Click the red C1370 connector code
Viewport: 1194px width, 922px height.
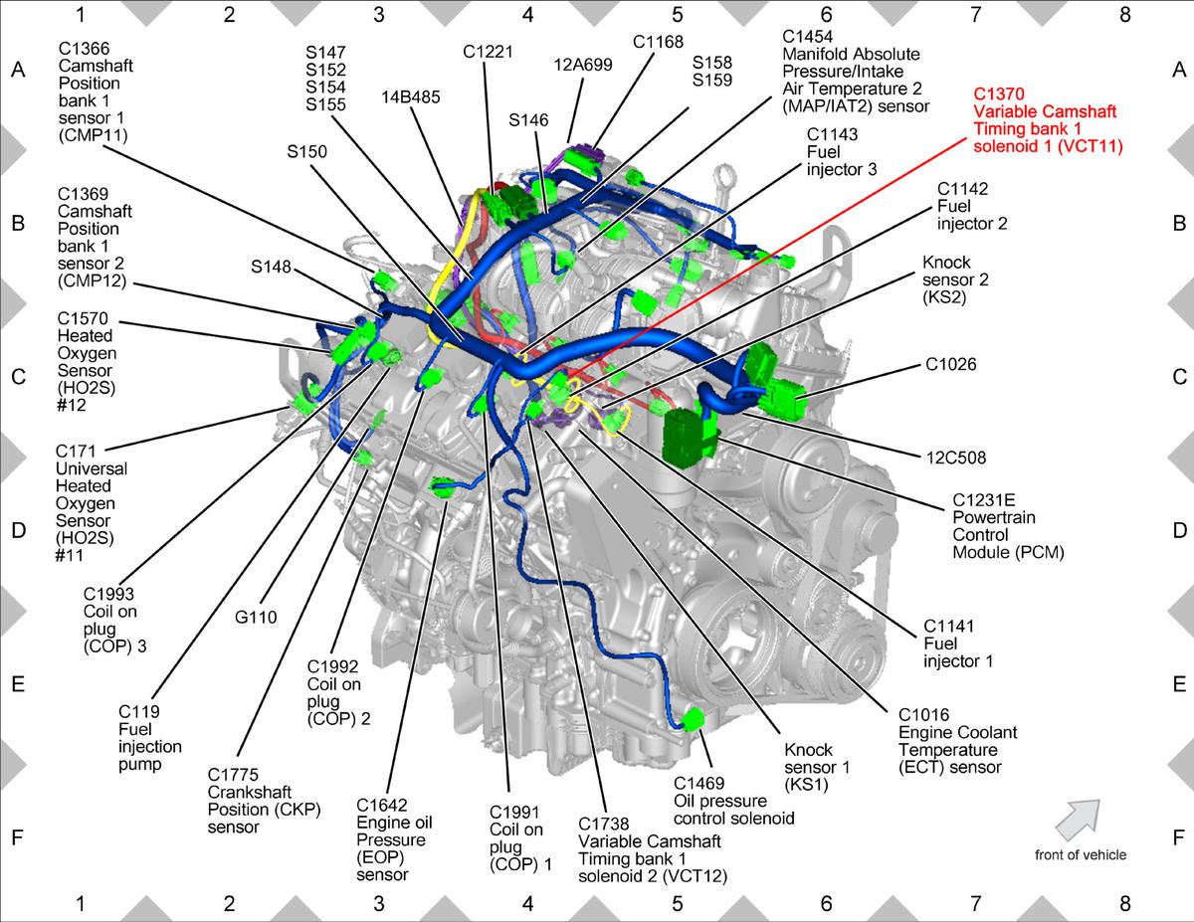(x=999, y=93)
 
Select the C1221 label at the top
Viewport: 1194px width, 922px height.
(x=488, y=52)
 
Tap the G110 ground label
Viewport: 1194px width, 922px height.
(x=256, y=618)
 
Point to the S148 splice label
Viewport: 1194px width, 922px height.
(x=271, y=267)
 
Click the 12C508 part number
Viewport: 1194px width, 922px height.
(x=956, y=458)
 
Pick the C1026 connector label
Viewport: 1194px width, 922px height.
(x=951, y=364)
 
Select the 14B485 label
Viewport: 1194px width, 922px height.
(x=411, y=97)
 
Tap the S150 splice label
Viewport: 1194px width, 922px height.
(x=306, y=151)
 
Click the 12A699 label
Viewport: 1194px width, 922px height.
(x=582, y=65)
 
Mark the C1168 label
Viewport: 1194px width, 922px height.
(x=658, y=42)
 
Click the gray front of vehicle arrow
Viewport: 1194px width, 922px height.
(x=1078, y=820)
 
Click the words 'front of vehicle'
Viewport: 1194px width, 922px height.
(x=1081, y=855)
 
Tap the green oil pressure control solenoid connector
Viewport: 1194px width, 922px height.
(x=693, y=719)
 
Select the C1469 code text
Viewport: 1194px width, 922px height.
(x=698, y=783)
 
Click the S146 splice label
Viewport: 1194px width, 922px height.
(x=528, y=120)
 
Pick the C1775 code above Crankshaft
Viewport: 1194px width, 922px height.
(x=233, y=775)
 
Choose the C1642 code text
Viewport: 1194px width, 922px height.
(x=381, y=806)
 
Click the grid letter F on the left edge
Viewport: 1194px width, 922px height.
(x=18, y=837)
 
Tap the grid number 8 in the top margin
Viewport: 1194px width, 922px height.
(x=1124, y=15)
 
